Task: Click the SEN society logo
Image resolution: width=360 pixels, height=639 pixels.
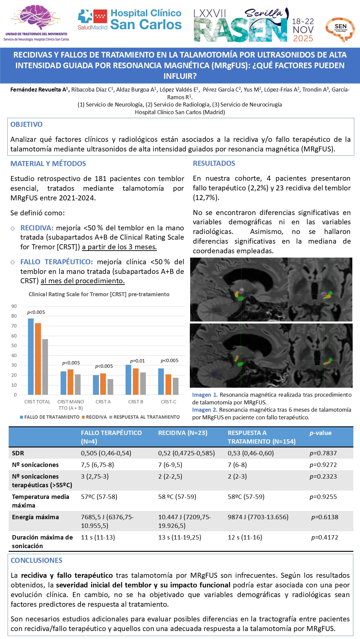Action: coord(340,29)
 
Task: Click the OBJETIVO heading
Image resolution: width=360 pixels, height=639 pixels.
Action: coord(27,124)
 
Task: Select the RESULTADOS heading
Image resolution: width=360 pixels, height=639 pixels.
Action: coord(214,163)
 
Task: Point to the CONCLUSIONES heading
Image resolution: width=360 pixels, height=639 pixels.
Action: coord(36,560)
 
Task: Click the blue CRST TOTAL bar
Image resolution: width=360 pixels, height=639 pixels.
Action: coord(31,356)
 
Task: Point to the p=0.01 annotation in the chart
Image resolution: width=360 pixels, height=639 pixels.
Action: coord(137,361)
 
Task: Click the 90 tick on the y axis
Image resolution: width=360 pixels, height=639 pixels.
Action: coord(14,306)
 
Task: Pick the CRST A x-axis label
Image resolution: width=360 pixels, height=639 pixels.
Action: coord(103,402)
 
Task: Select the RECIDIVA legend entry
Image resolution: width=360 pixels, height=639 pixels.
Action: coord(96,417)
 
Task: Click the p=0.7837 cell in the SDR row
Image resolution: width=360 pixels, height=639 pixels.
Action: coord(323,453)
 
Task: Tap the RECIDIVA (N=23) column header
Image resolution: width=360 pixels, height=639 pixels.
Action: coord(182,433)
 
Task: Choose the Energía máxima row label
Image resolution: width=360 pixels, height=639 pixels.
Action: coord(35,517)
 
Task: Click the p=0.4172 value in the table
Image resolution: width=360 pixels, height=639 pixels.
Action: coord(325,537)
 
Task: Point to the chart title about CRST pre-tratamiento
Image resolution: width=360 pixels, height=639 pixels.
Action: coord(99,294)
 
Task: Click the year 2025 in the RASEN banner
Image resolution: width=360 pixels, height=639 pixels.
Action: coord(303,38)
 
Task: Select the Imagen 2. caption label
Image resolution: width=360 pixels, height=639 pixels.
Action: coord(204,410)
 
